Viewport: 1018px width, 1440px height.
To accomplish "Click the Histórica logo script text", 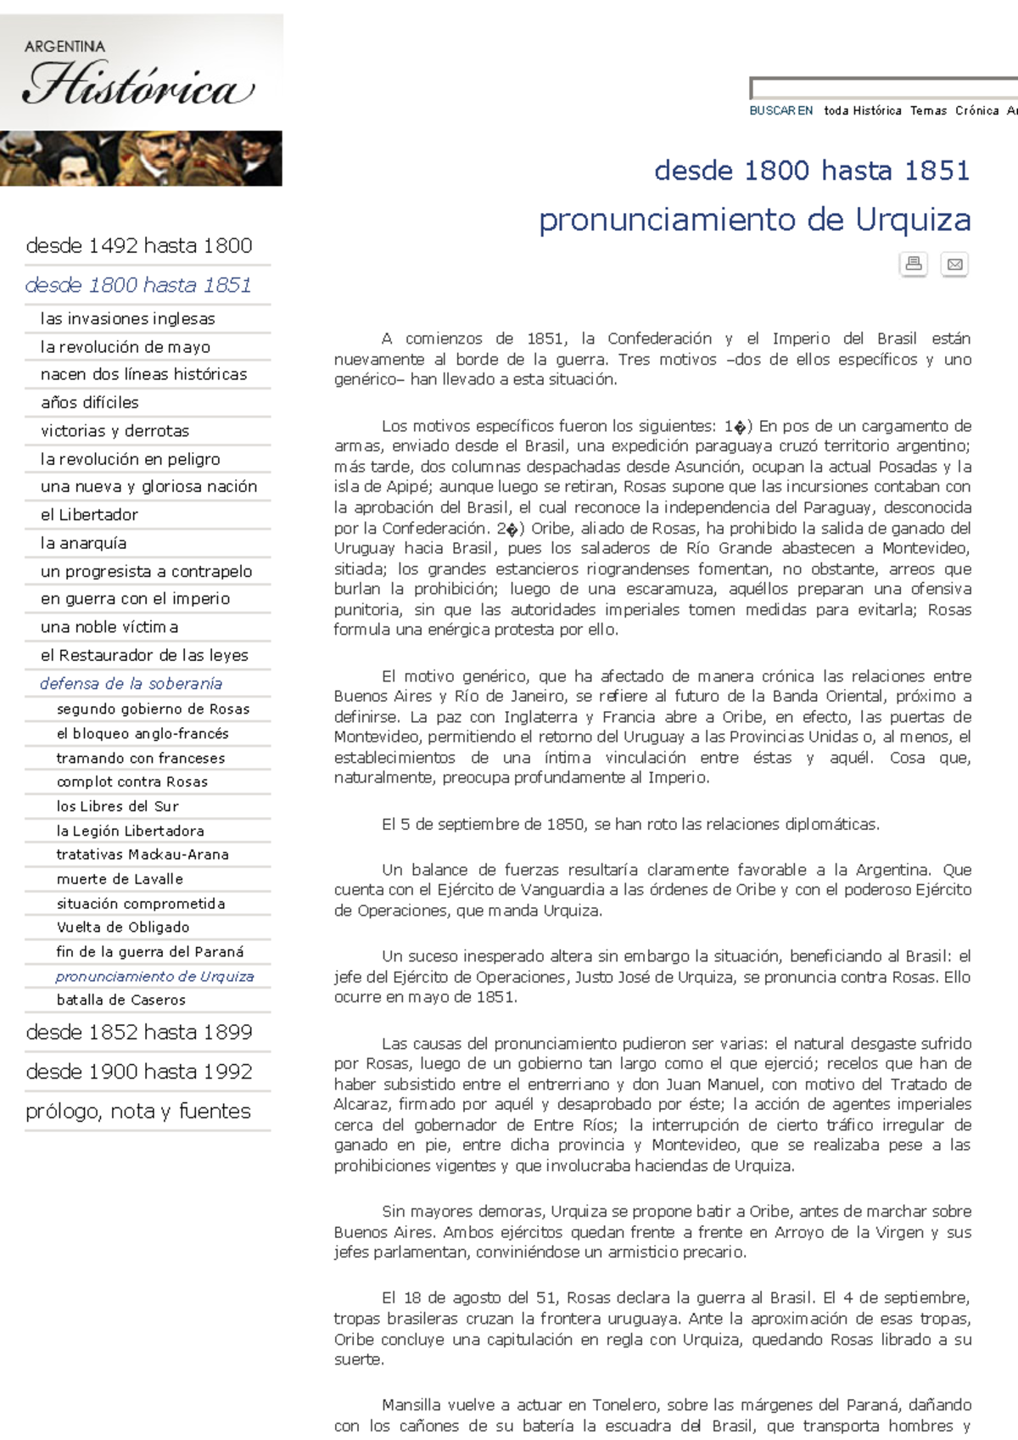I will (x=138, y=87).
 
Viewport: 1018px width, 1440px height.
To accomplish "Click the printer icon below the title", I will (x=914, y=264).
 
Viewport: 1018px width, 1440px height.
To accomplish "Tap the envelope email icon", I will (x=954, y=264).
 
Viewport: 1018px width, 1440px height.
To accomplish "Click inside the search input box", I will (x=882, y=87).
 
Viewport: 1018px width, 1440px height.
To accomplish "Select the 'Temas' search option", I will (x=928, y=110).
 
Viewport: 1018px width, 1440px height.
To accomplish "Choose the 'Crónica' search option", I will (x=976, y=110).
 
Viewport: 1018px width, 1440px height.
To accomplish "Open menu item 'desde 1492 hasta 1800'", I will (x=139, y=246).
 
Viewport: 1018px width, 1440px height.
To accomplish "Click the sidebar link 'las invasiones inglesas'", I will (x=127, y=319).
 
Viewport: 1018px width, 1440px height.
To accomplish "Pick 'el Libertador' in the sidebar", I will (x=89, y=515).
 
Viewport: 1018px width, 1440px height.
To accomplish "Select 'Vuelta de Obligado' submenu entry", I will (x=123, y=927).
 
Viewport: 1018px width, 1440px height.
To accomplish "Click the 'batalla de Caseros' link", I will (x=120, y=1000).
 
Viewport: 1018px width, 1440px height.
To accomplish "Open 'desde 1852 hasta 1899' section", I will (x=139, y=1033).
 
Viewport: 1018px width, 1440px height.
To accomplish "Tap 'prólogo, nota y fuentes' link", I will (x=138, y=1112).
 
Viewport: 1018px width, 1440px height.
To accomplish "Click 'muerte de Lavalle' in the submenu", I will (x=120, y=879).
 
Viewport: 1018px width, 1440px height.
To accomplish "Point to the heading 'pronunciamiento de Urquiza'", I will (x=754, y=220).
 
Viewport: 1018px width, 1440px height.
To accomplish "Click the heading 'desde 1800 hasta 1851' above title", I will (x=811, y=171).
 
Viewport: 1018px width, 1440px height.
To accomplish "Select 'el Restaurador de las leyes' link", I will (x=144, y=655).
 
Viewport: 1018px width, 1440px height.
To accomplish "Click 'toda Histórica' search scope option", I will (x=862, y=110).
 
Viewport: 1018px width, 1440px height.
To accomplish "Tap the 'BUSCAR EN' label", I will (x=780, y=110).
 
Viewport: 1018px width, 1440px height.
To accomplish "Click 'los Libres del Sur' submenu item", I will (x=117, y=806).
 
